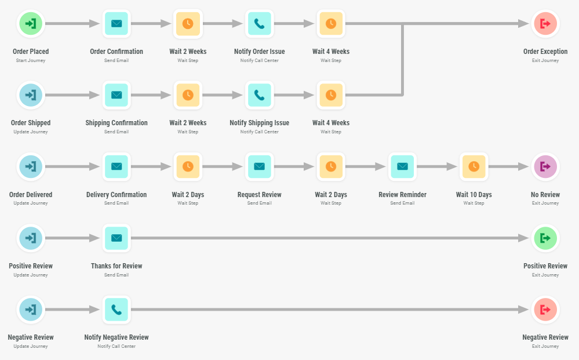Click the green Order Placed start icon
coord(31,24)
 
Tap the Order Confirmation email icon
coord(116,24)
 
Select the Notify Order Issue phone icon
coord(259,24)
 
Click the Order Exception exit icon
coord(545,24)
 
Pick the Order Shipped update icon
coord(31,95)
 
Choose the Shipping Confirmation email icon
coord(116,95)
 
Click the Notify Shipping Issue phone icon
coord(259,95)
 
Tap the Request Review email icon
coord(259,166)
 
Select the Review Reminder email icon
coord(402,166)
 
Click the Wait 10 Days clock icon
coord(474,166)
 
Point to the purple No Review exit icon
coord(545,166)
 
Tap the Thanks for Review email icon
coord(116,238)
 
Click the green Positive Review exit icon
coord(545,238)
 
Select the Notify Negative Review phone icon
coord(116,310)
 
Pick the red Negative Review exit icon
coord(545,310)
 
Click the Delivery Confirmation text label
coord(116,195)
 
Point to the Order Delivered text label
coord(31,195)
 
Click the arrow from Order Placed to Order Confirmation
coord(72,24)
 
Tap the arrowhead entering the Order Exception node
coord(523,24)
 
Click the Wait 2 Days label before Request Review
coord(188,195)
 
